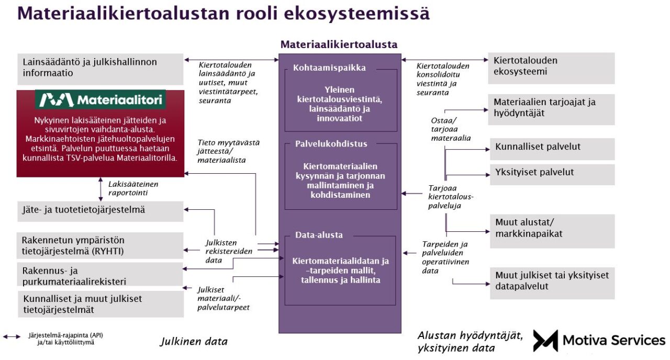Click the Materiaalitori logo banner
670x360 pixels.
[x=100, y=99]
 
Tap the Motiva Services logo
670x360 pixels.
[x=599, y=341]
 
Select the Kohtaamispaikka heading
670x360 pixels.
[x=329, y=68]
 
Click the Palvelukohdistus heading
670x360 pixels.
[x=331, y=143]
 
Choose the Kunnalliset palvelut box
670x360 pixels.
[x=552, y=148]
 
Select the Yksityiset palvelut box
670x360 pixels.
[x=552, y=174]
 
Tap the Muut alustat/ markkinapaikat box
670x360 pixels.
[x=552, y=230]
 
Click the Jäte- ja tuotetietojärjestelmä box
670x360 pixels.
[x=100, y=211]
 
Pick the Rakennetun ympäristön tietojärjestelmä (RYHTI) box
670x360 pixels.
[x=100, y=245]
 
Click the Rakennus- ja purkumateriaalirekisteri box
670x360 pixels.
[x=100, y=276]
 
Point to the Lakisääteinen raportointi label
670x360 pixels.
[x=133, y=188]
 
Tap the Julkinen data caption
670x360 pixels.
[x=194, y=342]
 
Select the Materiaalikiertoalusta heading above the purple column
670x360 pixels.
[x=339, y=44]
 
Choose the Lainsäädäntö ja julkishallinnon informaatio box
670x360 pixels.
[x=100, y=68]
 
